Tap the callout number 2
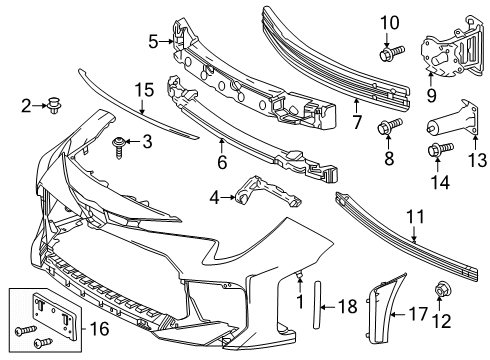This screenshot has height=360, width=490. pyautogui.click(x=26, y=104)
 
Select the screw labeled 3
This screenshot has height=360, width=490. pyautogui.click(x=122, y=144)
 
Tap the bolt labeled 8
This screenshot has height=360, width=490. pyautogui.click(x=387, y=126)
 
